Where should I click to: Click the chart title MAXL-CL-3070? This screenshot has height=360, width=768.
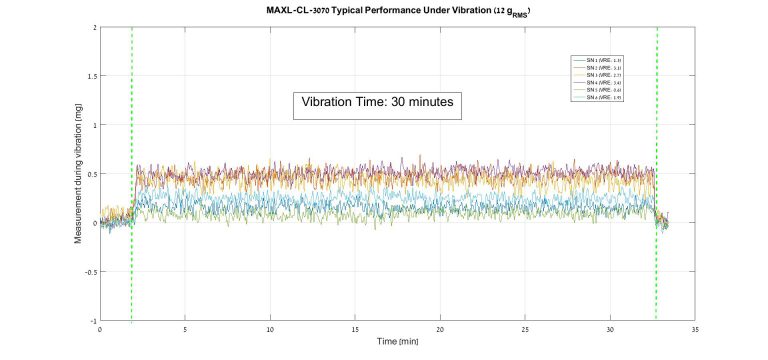384,9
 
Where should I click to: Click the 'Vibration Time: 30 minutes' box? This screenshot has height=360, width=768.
377,103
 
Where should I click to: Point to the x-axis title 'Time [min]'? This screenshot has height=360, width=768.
398,341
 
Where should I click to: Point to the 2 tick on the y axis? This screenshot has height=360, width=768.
94,27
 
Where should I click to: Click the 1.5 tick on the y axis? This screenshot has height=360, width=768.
91,76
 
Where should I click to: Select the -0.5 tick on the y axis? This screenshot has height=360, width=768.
90,272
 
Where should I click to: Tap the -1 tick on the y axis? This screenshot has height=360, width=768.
93,321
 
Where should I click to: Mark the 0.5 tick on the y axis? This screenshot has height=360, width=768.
91,174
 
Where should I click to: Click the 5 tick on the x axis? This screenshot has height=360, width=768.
185,330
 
